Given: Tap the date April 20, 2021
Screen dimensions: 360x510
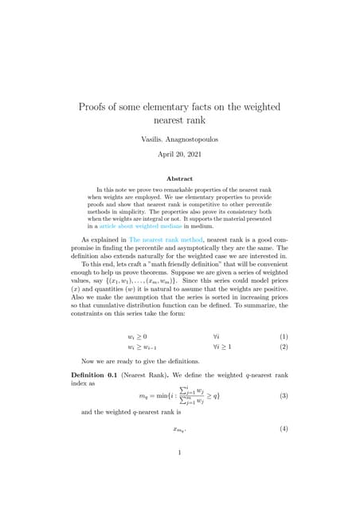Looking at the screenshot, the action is [x=180, y=155].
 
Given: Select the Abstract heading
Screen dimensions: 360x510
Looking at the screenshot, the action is [x=179, y=178].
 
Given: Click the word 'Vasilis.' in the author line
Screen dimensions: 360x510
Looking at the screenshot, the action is [x=151, y=139].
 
